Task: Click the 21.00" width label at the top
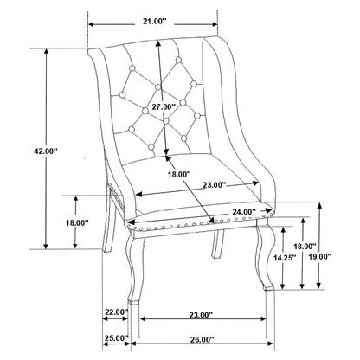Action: [155, 21]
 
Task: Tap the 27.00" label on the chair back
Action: [164, 106]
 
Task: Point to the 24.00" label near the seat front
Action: [244, 212]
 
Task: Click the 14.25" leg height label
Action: [285, 258]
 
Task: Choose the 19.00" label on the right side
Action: [319, 257]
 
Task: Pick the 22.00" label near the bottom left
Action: [116, 312]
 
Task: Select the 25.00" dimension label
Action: [116, 337]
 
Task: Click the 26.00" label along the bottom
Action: [202, 340]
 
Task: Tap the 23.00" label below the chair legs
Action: [201, 315]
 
